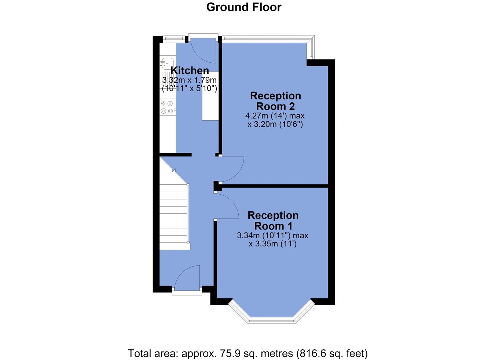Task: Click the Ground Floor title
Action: (x=244, y=7)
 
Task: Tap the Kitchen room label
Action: (x=190, y=71)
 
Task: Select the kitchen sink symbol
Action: (x=167, y=62)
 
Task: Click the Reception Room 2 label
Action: (x=276, y=101)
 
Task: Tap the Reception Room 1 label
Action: (x=273, y=221)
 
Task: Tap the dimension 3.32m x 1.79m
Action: (x=189, y=80)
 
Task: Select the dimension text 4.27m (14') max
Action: (x=275, y=115)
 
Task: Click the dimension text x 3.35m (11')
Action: (x=273, y=244)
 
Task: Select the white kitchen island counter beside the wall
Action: (x=210, y=96)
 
